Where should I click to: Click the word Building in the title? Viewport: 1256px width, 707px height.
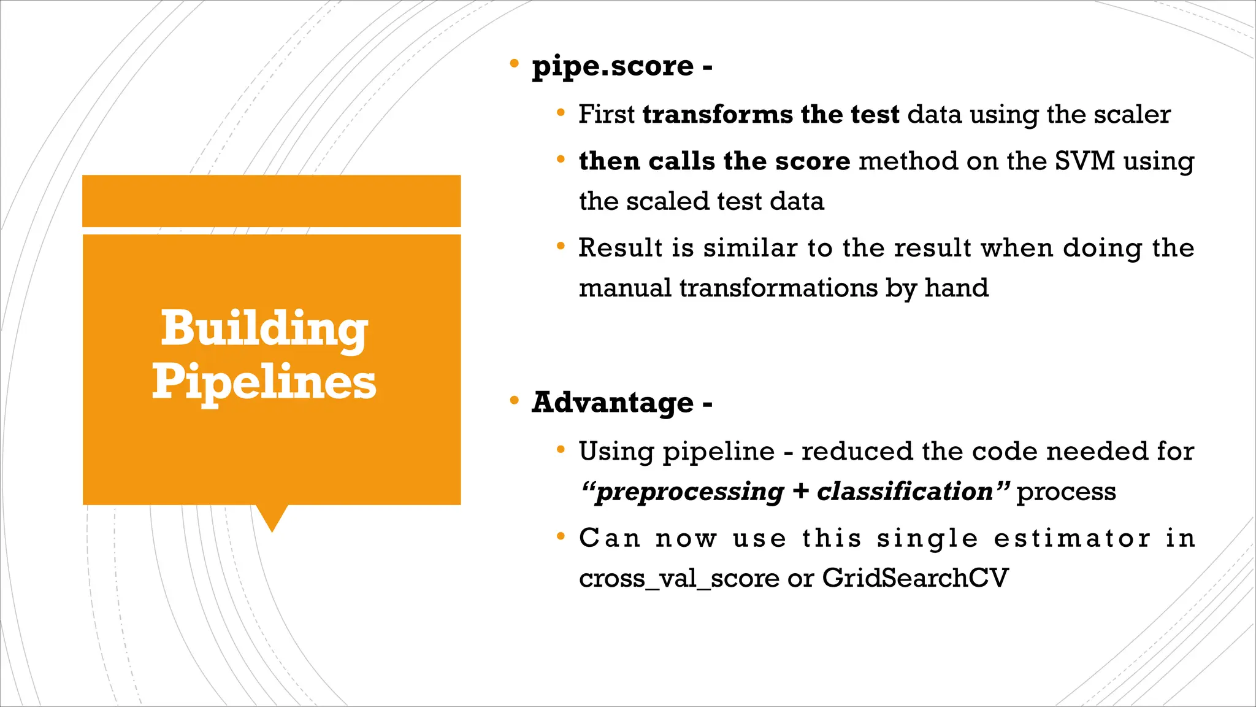tap(264, 330)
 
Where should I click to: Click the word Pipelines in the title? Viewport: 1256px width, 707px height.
tap(264, 382)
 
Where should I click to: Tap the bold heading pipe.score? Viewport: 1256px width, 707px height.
tap(613, 66)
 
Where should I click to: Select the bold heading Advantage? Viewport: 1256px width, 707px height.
tap(613, 403)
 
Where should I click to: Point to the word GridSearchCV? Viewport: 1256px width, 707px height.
tap(915, 578)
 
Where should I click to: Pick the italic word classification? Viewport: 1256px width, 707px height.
tap(905, 492)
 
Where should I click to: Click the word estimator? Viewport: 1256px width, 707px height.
tap(1072, 538)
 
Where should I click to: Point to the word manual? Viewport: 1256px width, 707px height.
tap(625, 288)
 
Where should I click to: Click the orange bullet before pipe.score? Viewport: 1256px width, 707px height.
tap(515, 63)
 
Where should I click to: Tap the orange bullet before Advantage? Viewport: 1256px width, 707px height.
tap(515, 401)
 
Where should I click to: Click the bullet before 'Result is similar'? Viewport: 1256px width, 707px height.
tap(561, 247)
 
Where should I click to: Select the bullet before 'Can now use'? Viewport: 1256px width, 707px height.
tap(561, 537)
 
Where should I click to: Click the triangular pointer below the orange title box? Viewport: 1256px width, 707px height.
tap(272, 517)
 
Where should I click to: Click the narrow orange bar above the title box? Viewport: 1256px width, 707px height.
tap(271, 201)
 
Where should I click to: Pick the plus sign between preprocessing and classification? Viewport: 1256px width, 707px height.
tap(800, 492)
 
